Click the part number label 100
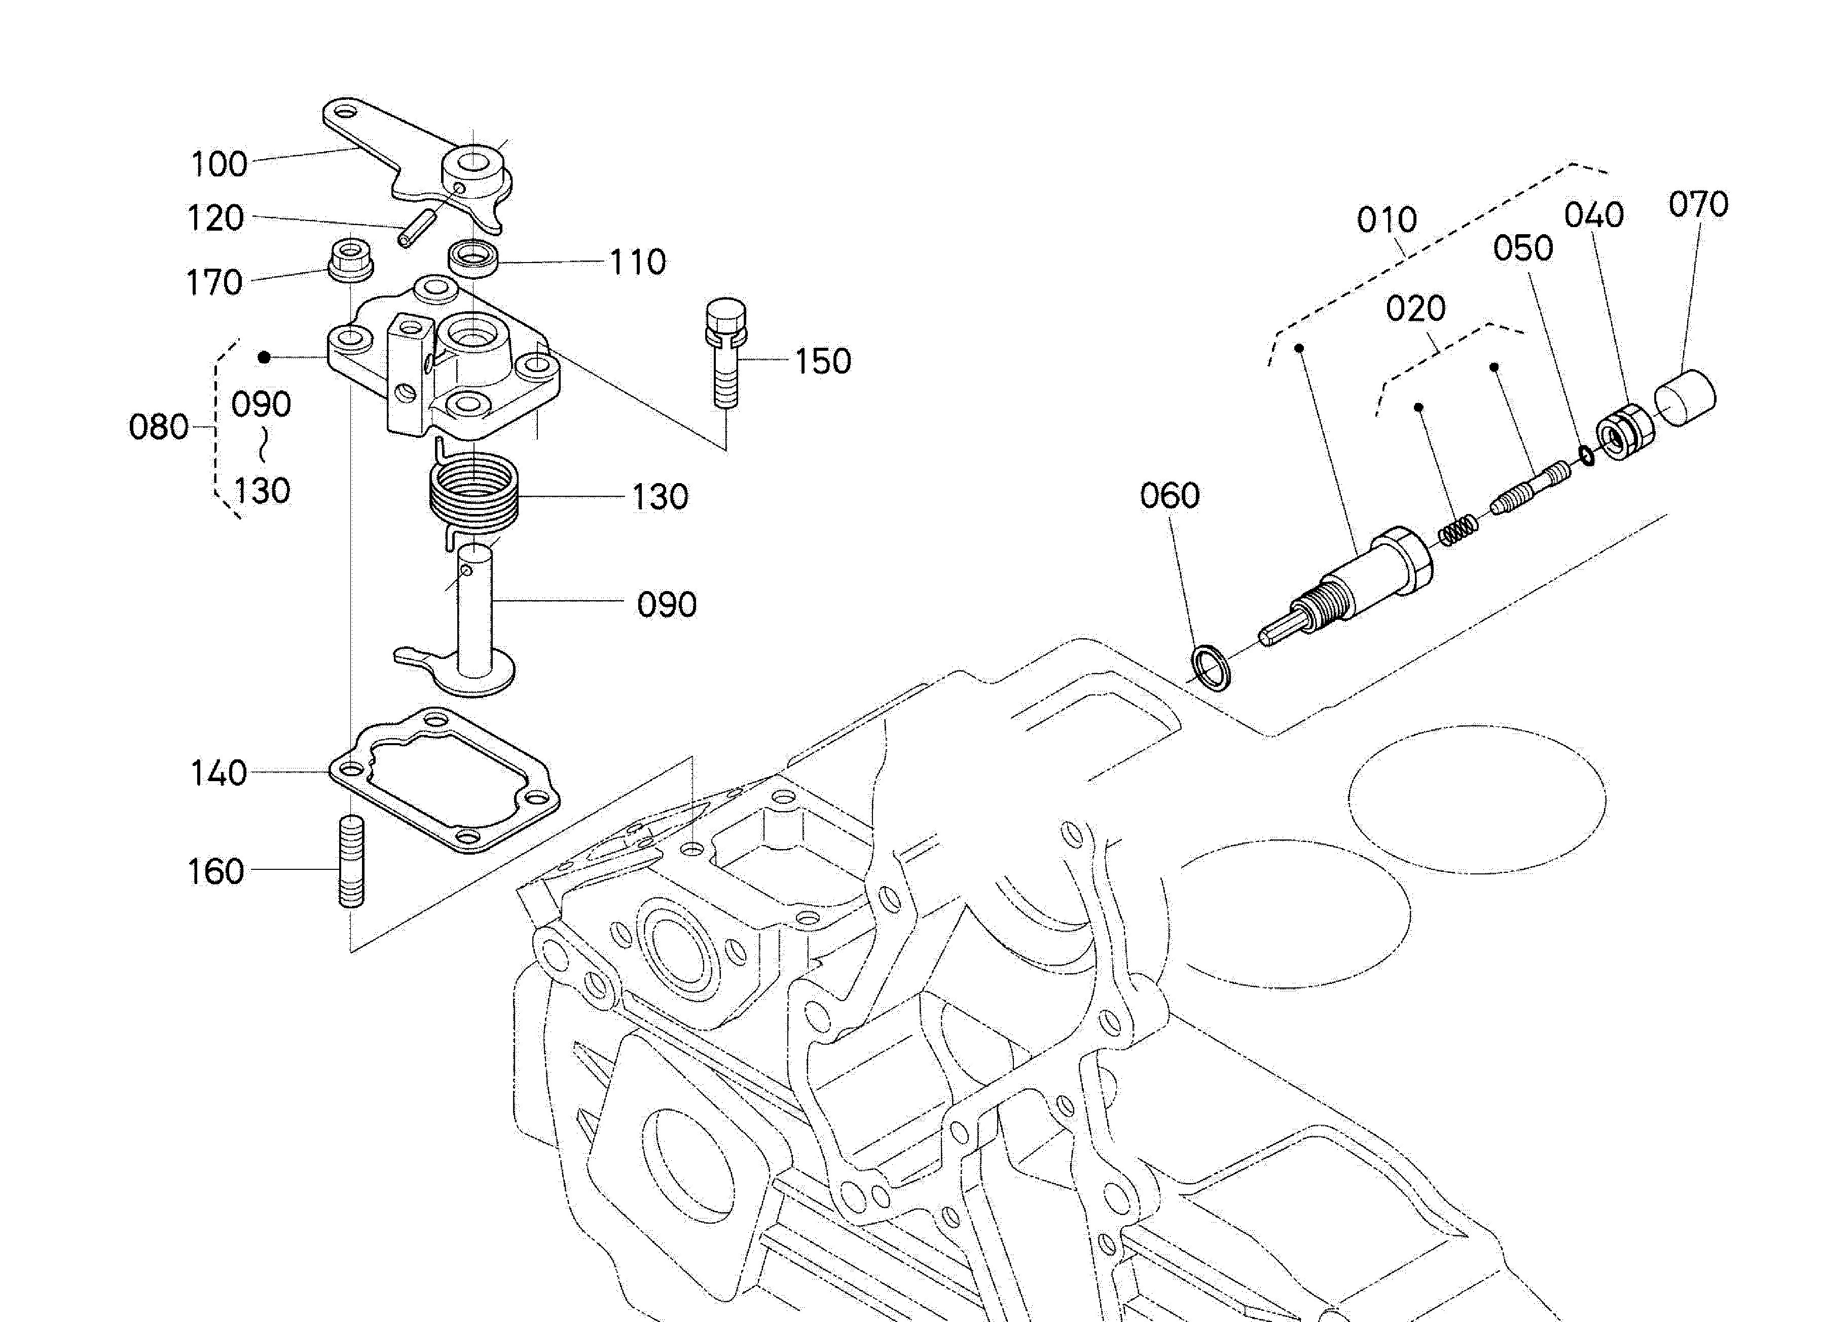pos(218,165)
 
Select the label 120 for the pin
pos(215,218)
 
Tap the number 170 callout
pos(213,282)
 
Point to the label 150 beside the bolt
pos(822,361)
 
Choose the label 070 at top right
pos(1697,205)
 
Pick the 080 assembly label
pos(158,427)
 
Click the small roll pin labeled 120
pos(416,229)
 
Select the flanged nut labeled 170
pos(351,259)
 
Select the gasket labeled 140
pos(444,780)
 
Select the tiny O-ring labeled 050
pos(1587,456)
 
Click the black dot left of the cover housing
pos(264,357)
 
